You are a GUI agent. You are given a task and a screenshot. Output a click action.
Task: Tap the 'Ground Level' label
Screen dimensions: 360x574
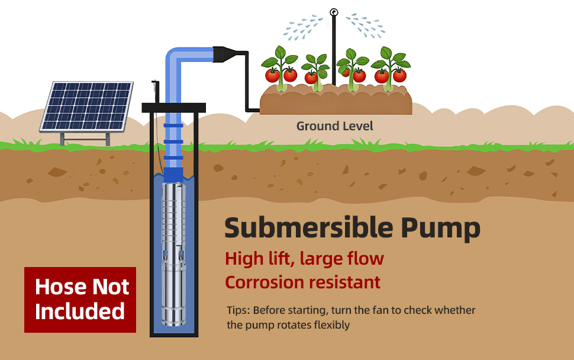click(334, 126)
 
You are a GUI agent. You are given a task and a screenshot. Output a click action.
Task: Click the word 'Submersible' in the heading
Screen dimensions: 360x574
click(308, 228)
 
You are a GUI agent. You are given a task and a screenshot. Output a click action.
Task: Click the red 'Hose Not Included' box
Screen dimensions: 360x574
click(80, 299)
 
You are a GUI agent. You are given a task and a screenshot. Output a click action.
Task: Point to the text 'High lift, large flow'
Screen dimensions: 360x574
click(304, 259)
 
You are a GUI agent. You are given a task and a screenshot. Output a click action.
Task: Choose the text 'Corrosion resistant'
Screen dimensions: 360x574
click(302, 282)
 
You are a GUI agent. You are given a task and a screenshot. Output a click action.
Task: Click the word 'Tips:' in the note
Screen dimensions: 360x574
click(238, 310)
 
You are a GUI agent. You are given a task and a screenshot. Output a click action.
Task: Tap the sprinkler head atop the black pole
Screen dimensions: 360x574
click(334, 12)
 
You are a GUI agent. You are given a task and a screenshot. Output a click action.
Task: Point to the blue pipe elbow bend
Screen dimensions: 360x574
click(175, 56)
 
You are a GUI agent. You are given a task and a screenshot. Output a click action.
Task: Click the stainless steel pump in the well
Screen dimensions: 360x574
click(173, 255)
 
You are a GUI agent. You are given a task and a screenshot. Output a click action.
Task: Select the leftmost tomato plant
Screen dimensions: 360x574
click(279, 68)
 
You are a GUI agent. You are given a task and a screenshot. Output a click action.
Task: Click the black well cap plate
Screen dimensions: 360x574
click(173, 108)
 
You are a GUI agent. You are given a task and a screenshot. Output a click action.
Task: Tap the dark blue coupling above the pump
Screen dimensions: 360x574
click(173, 175)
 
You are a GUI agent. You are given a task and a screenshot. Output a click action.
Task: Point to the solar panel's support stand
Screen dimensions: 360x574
click(86, 139)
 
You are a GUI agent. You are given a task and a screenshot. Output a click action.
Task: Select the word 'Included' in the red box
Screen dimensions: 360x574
click(80, 311)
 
